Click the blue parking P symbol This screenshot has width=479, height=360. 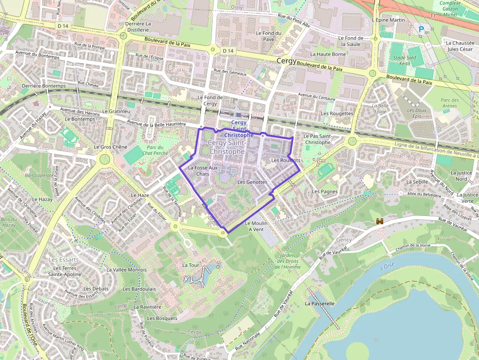point(421,29)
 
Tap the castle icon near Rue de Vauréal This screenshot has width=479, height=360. point(379,222)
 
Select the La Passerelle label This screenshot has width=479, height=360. point(320,303)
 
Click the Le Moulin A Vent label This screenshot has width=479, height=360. point(256,226)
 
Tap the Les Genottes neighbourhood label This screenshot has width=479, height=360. point(252,182)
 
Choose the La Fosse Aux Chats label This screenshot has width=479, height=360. point(202,170)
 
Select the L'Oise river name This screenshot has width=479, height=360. point(386,267)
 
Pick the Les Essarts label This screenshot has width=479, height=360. point(61,260)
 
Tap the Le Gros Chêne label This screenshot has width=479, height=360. point(110,147)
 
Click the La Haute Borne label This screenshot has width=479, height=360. point(328,54)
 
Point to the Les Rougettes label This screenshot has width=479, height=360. point(337,113)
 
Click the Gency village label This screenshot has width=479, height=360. point(344,240)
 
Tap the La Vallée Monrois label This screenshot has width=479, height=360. point(127,270)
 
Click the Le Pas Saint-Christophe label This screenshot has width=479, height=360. point(318,139)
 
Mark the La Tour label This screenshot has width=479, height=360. point(191,265)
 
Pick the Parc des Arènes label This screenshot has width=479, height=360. point(449,103)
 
